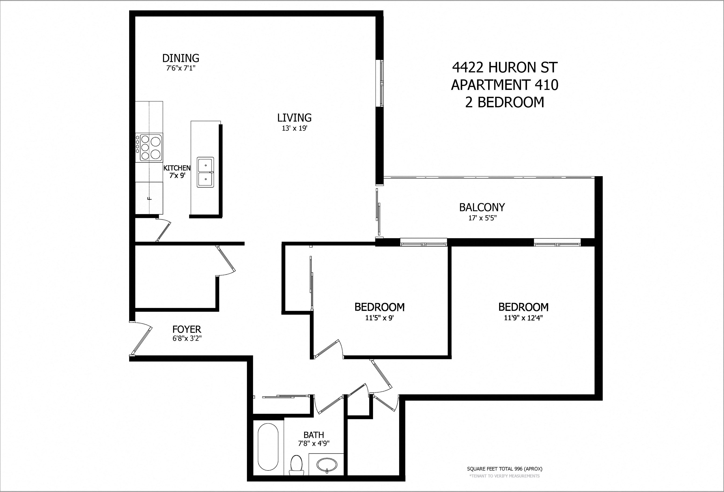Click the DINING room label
coord(181,58)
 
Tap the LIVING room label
coord(295,118)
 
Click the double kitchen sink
coord(206,172)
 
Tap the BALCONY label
coord(482,207)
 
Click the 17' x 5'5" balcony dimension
coord(482,218)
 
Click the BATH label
coord(314,435)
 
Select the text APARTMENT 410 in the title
coord(505,85)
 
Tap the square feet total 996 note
coord(505,477)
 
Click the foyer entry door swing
coord(141,338)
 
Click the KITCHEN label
coord(177,168)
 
